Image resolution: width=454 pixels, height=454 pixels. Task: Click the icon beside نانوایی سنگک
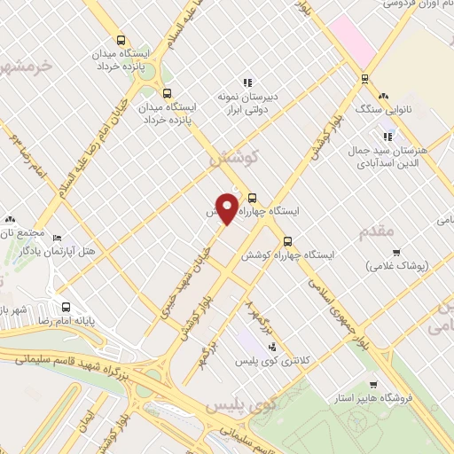click(382, 97)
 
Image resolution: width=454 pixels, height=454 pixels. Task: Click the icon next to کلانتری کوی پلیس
click(272, 347)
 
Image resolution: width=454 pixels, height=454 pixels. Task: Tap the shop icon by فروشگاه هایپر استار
click(374, 384)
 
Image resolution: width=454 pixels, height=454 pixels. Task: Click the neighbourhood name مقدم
click(376, 231)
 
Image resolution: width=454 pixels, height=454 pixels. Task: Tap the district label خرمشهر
click(25, 67)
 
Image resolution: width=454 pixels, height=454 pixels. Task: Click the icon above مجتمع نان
click(10, 218)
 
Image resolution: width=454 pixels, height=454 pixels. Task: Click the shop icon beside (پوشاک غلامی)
click(395, 252)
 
